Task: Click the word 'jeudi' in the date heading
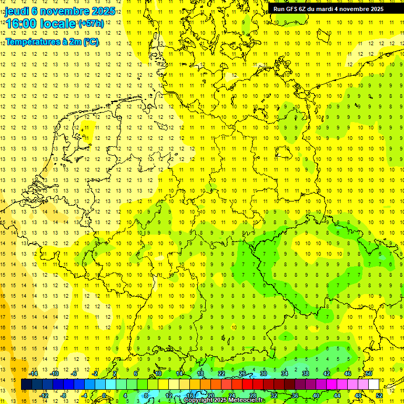[18, 12]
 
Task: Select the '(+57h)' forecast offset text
[91, 24]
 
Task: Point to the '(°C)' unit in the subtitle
[90, 42]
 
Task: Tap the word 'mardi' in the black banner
[329, 8]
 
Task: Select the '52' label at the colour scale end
[379, 395]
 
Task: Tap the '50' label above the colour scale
[369, 373]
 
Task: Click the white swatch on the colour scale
[373, 384]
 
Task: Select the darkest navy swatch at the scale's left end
[26, 384]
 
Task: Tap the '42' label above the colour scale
[327, 373]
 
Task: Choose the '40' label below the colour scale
[316, 395]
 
